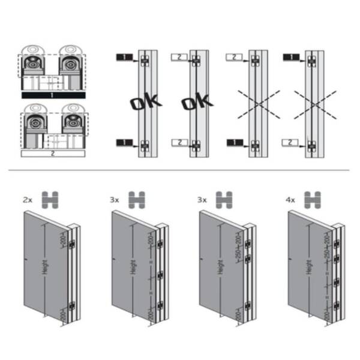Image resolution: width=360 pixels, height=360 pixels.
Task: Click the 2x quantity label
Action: (x=28, y=198)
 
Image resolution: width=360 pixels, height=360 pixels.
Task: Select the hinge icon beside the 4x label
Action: (x=311, y=199)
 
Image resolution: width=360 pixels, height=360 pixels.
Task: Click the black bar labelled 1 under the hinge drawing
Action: (x=53, y=95)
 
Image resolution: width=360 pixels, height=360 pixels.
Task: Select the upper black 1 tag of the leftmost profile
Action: (x=123, y=57)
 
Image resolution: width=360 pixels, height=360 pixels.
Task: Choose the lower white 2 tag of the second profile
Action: (x=178, y=142)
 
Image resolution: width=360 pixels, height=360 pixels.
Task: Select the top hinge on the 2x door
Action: (x=72, y=244)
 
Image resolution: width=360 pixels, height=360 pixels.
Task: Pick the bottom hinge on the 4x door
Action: (x=337, y=304)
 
